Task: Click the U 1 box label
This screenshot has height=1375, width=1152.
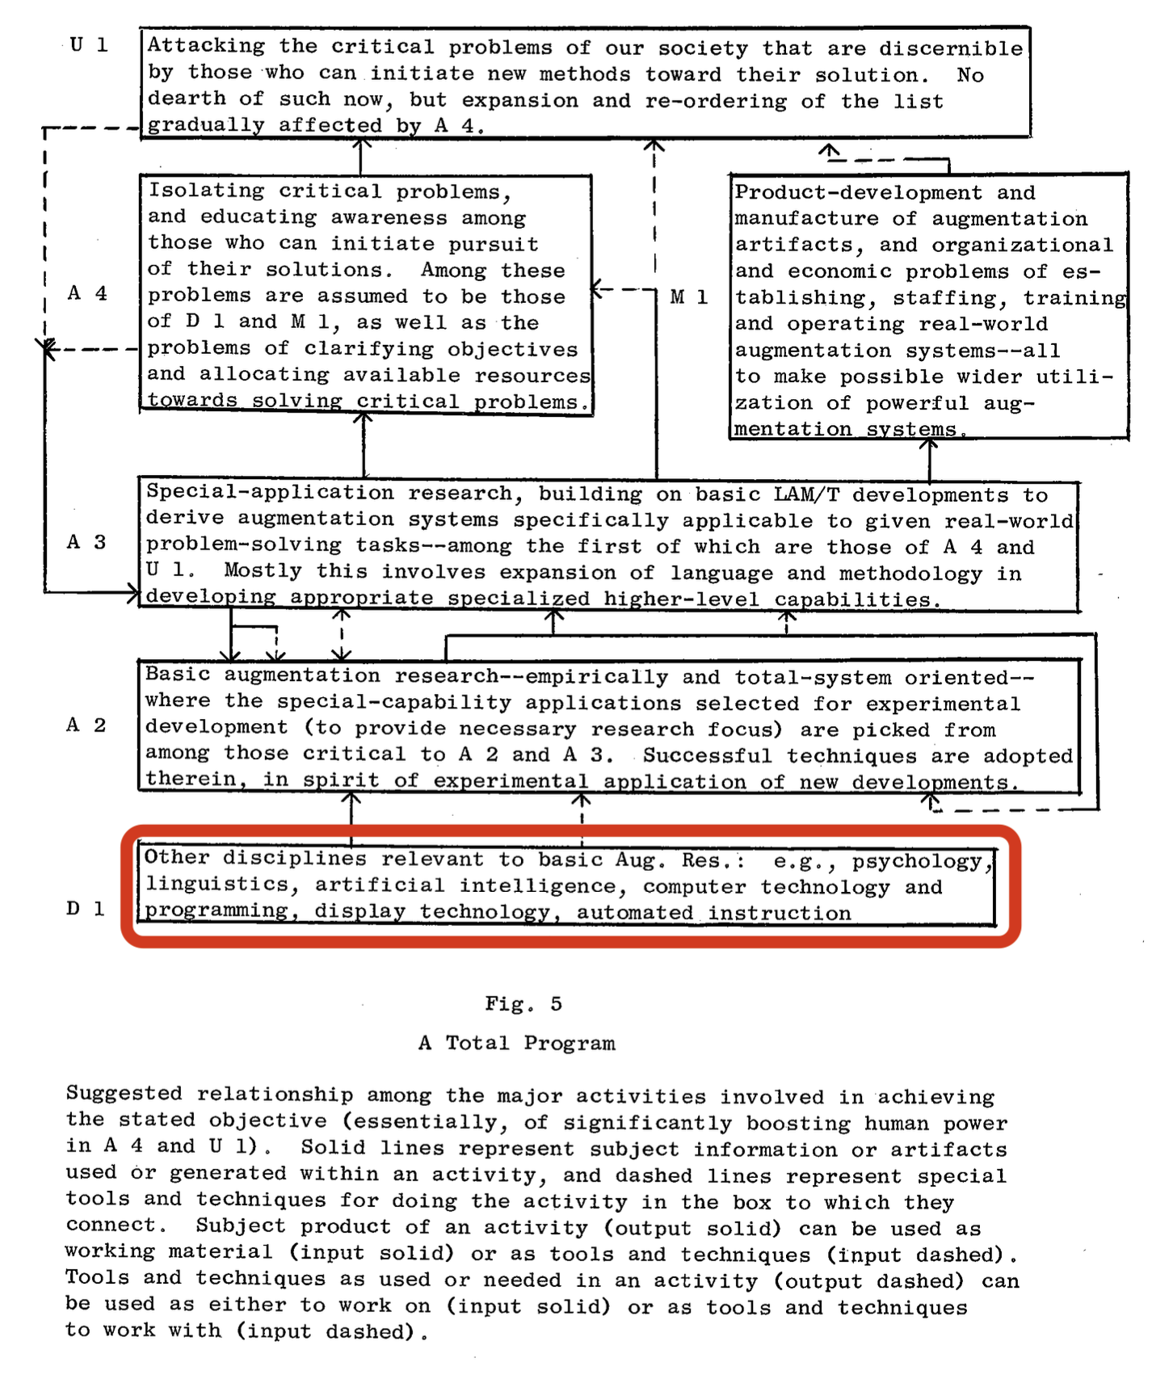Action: tap(88, 45)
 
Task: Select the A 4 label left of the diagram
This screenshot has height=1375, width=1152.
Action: tap(87, 293)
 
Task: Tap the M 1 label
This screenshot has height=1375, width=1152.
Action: tap(689, 298)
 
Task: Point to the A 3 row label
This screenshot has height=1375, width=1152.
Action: tap(86, 542)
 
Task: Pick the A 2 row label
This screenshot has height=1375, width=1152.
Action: tap(86, 725)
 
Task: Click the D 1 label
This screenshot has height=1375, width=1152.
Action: tap(86, 909)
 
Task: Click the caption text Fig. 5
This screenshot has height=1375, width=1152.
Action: tap(523, 1004)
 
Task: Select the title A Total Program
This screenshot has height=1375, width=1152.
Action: tap(517, 1043)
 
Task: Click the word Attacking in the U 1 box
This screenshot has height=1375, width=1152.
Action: tap(206, 47)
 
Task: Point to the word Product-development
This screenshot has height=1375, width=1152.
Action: tap(858, 193)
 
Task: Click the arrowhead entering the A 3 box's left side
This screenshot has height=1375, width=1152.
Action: tap(132, 593)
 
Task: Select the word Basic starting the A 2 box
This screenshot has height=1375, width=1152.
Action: tap(178, 675)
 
